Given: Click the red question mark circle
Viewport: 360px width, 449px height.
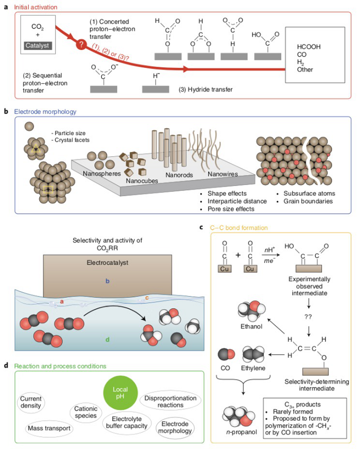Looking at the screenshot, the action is (82, 44).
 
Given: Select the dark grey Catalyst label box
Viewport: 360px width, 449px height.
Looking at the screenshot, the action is (37, 46).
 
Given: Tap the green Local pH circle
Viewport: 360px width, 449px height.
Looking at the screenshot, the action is (120, 393).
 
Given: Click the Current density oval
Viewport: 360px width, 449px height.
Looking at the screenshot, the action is (31, 402).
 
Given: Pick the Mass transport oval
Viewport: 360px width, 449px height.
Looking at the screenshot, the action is (49, 428).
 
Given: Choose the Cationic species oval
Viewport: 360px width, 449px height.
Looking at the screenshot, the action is (86, 412).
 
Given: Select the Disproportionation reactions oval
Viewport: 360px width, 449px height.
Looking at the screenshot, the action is (170, 401).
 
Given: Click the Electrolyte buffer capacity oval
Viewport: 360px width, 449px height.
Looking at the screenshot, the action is (127, 423).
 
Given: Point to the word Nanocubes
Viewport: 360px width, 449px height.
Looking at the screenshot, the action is (142, 181).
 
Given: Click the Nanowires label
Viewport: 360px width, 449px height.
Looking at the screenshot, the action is (222, 174).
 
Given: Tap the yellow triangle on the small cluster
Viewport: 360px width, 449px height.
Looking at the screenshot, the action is (35, 148).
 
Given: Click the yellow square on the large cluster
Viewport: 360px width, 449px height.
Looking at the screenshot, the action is (48, 189).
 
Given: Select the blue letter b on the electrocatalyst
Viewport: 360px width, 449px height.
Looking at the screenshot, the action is (107, 281).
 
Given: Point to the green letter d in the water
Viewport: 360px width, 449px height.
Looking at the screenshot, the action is (107, 339).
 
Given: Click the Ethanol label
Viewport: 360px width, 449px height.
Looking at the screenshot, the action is (251, 327).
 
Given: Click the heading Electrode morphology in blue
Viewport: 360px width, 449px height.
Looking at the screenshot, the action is (45, 112).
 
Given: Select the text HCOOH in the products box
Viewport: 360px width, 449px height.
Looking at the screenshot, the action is (309, 47).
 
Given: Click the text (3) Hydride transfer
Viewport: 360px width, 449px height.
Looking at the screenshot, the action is (205, 89).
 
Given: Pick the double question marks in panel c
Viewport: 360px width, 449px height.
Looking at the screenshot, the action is (308, 317).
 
